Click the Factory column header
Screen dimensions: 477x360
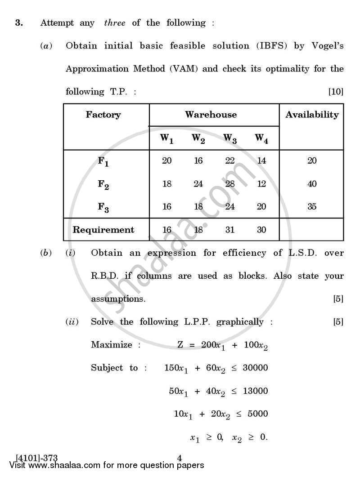coord(103,115)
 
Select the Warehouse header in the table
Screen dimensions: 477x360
coord(211,115)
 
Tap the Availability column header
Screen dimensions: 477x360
coord(312,115)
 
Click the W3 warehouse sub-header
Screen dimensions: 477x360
coord(230,139)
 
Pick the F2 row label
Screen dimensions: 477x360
coord(103,184)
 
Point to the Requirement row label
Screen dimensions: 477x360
coord(103,230)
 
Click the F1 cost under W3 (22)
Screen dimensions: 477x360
coord(229,161)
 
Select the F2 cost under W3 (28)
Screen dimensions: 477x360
coord(229,184)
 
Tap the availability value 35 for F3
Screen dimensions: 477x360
coord(312,207)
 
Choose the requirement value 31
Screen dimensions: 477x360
coord(229,230)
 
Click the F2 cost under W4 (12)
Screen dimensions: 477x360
coord(261,184)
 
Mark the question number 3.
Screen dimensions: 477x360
coord(18,23)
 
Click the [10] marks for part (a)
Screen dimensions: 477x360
coord(336,92)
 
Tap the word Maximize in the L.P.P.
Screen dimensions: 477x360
coord(112,345)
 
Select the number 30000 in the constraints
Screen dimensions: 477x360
coord(255,368)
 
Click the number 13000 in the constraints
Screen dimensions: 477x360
coord(255,391)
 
